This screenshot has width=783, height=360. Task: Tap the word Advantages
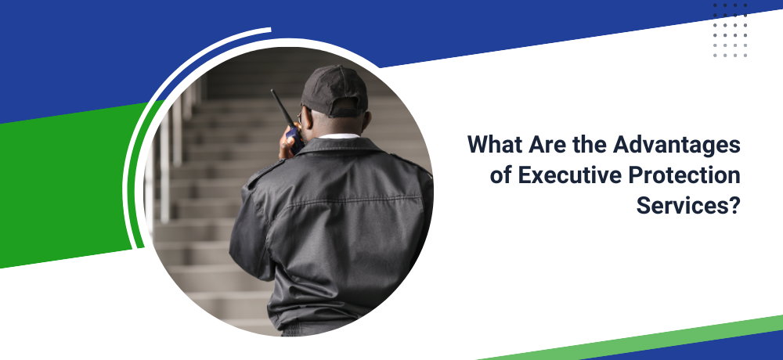tap(677, 146)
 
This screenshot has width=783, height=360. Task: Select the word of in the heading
tap(501, 176)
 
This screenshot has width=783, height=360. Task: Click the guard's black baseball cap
tap(334, 92)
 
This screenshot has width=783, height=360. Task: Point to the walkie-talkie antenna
tap(281, 107)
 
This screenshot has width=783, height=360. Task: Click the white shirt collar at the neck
tap(339, 136)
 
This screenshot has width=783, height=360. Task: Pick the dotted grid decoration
tap(730, 31)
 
